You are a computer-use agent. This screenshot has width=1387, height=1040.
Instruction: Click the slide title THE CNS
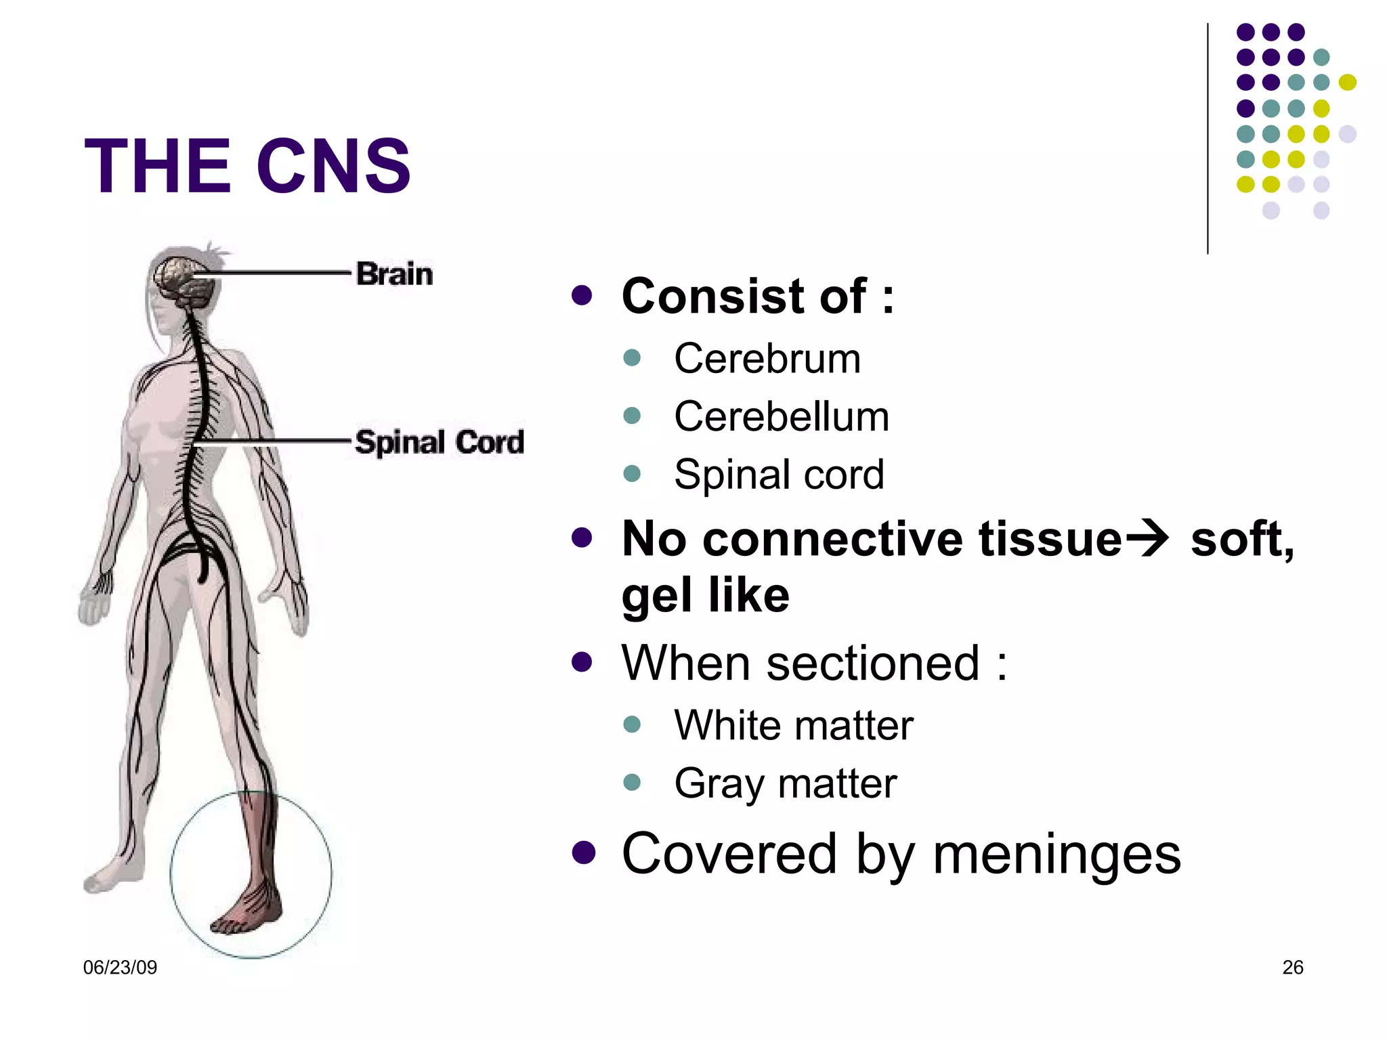click(x=247, y=166)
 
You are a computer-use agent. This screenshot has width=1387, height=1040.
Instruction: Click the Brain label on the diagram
click(x=394, y=274)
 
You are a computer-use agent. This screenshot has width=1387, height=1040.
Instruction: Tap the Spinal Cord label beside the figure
click(x=440, y=442)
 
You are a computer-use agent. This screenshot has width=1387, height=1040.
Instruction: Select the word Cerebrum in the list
click(x=767, y=358)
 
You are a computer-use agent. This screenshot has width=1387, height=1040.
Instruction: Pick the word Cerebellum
click(x=781, y=416)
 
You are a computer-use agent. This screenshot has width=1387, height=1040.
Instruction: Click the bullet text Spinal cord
click(x=779, y=474)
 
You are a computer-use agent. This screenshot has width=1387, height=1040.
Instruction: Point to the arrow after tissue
click(x=1147, y=539)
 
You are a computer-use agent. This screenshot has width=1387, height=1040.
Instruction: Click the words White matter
click(x=793, y=725)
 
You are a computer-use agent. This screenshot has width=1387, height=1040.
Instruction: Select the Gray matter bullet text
click(x=785, y=783)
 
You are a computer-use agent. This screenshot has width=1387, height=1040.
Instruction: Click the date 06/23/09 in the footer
click(x=120, y=968)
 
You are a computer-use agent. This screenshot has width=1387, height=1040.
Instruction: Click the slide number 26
click(x=1292, y=968)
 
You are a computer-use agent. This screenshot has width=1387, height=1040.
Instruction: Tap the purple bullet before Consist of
click(x=582, y=295)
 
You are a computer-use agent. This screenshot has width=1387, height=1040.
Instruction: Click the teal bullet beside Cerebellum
click(x=632, y=415)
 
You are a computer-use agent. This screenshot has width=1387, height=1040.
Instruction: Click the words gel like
click(x=705, y=596)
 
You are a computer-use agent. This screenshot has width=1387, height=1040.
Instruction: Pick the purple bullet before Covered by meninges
click(x=582, y=853)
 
